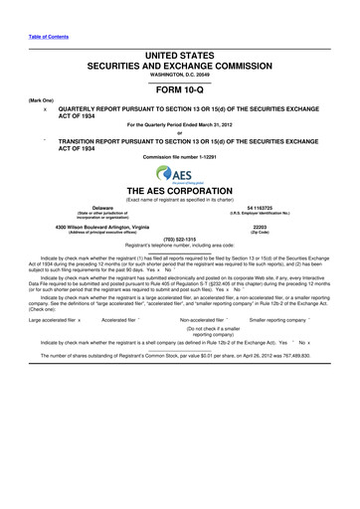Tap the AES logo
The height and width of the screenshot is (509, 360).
[x=179, y=175]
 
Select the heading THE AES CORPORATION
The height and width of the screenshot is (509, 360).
[x=179, y=190]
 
